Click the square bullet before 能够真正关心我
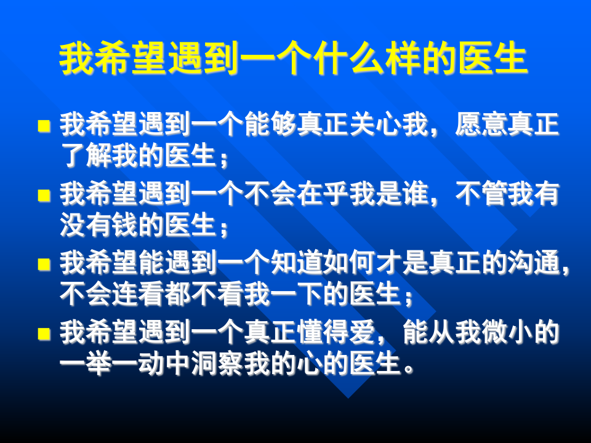click(x=44, y=126)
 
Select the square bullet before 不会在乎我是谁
click(x=44, y=195)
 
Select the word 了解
click(x=86, y=156)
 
